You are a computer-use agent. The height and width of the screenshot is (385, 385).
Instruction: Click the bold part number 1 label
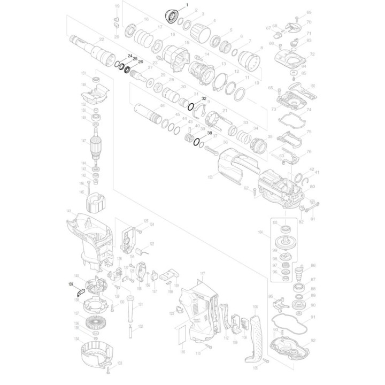click(x=187, y=5)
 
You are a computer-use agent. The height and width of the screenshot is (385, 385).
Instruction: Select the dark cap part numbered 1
click(x=172, y=16)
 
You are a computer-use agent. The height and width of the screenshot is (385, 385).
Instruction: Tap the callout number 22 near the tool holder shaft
click(x=102, y=40)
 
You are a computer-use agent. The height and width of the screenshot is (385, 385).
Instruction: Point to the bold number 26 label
click(x=141, y=62)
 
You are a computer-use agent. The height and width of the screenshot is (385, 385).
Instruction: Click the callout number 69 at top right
click(x=309, y=12)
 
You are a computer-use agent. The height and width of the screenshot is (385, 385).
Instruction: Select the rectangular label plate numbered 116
click(x=182, y=335)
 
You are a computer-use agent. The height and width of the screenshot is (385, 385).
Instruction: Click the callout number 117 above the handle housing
click(x=202, y=273)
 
